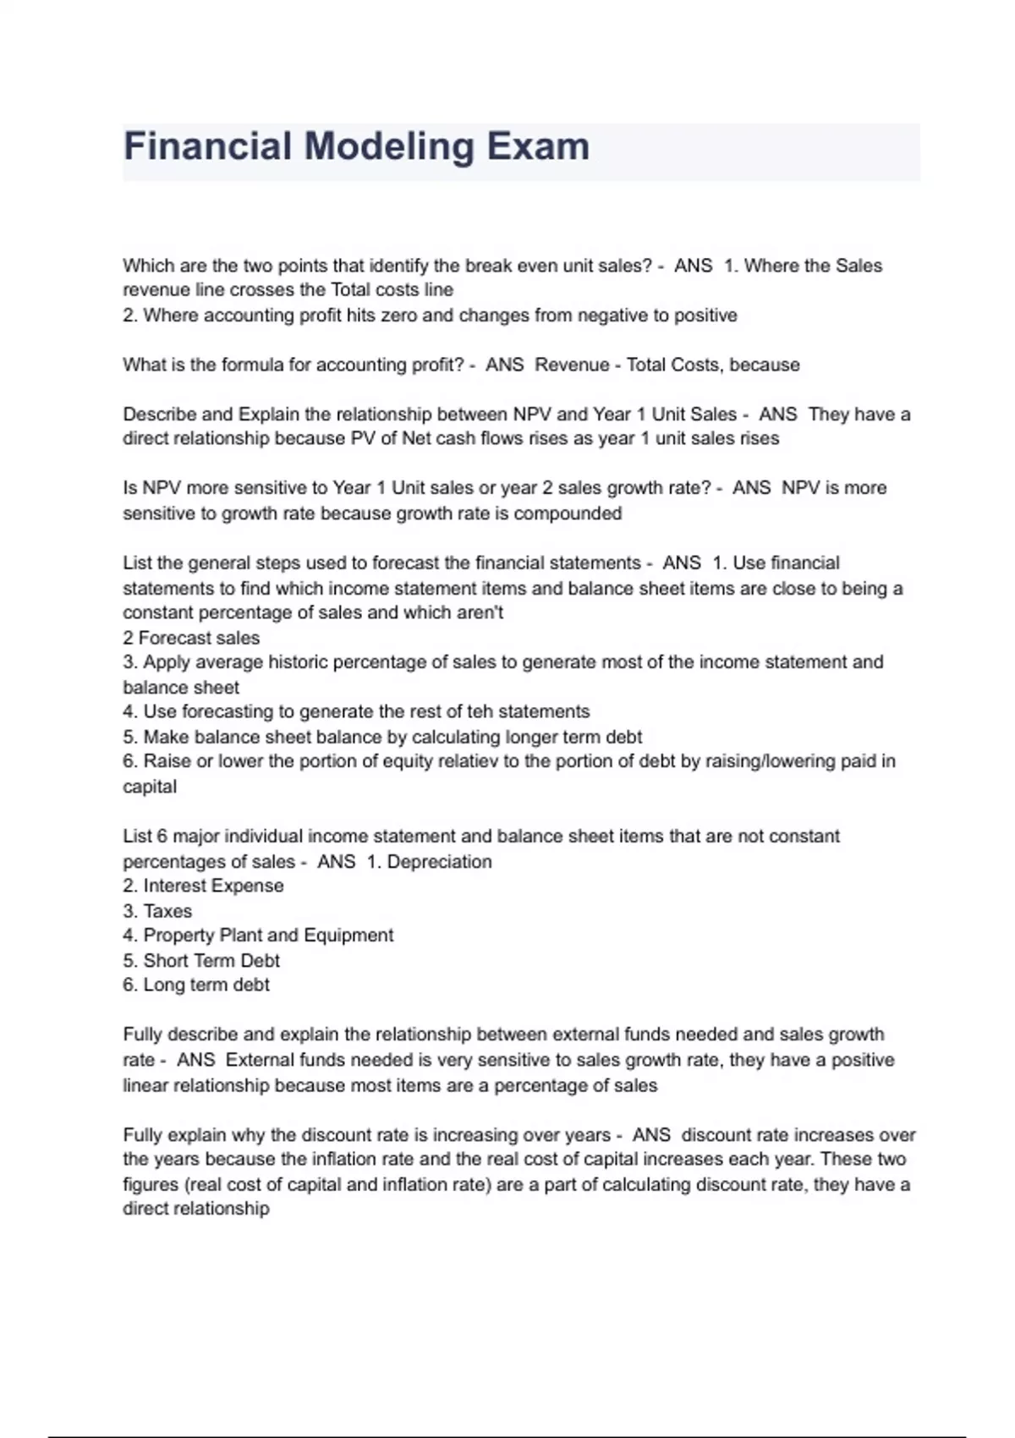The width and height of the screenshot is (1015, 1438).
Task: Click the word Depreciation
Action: tap(439, 861)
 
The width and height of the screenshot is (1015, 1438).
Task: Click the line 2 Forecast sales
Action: tap(191, 638)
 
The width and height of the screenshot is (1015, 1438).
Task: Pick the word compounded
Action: tap(568, 513)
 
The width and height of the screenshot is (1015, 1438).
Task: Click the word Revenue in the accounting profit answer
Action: tap(572, 365)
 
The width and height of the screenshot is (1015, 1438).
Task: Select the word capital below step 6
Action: tap(150, 787)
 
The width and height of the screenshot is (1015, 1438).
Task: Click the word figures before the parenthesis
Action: tap(146, 1184)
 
